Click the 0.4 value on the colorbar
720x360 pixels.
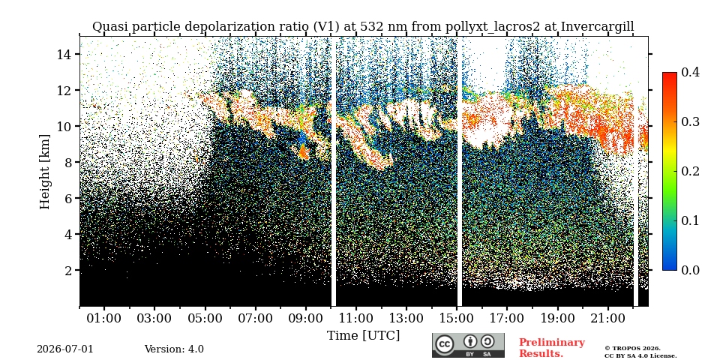(x=690, y=72)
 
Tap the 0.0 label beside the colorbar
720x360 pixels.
(x=690, y=270)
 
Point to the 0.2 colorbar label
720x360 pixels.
(x=690, y=171)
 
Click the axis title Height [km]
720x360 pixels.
(x=44, y=172)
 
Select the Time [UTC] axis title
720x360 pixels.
(x=363, y=336)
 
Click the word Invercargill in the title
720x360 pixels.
(x=598, y=27)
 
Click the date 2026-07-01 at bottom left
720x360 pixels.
(x=64, y=349)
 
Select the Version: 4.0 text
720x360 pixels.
(x=174, y=349)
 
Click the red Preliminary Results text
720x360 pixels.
(x=552, y=347)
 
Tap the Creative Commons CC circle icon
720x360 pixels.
(x=444, y=345)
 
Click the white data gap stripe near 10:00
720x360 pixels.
(x=334, y=172)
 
